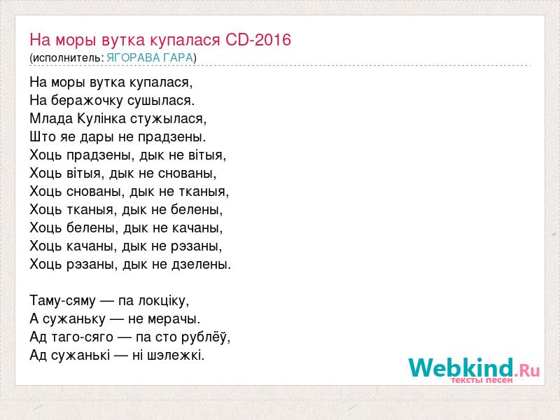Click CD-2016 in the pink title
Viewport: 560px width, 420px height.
click(258, 39)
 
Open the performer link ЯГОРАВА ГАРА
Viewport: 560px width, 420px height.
click(150, 58)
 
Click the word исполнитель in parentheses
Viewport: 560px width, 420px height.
click(68, 58)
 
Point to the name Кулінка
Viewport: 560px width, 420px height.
click(101, 118)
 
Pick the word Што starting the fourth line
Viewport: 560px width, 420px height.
click(43, 136)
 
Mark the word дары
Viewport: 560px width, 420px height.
click(101, 137)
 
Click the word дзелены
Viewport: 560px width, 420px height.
click(202, 265)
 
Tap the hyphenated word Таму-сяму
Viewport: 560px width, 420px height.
click(63, 301)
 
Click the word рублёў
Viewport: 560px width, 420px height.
click(205, 337)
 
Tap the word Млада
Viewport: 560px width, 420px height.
click(51, 118)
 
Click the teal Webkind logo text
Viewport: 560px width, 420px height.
click(461, 367)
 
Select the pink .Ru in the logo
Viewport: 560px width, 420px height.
click(527, 370)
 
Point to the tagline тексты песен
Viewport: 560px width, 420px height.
click(482, 380)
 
